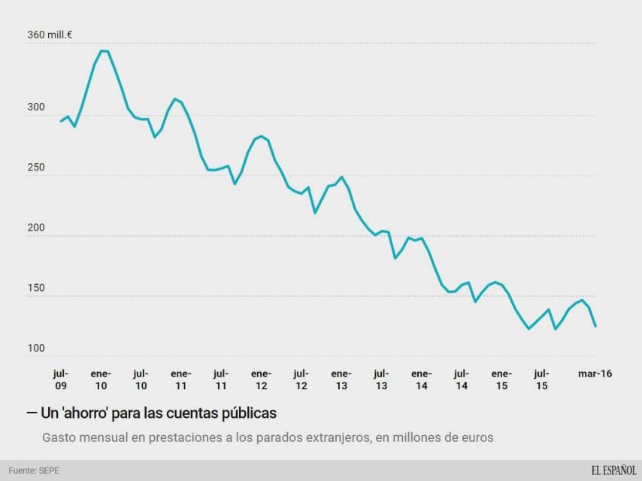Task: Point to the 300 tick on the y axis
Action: coord(37,107)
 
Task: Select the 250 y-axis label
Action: coord(37,168)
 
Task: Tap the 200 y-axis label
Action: coord(37,228)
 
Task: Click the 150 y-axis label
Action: coord(37,288)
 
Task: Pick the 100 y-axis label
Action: coord(37,348)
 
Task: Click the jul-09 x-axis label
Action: coord(61,380)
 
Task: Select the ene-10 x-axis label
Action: coord(101,380)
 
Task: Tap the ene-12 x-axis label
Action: coord(261,380)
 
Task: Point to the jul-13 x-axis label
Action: coord(381,380)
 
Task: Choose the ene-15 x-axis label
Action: coord(501,380)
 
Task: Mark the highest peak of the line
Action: coord(104,50)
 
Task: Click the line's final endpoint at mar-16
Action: coord(595,326)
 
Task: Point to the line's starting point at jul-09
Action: coord(61,121)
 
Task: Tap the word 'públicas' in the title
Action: coord(249,413)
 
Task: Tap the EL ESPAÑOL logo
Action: coord(613,470)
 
